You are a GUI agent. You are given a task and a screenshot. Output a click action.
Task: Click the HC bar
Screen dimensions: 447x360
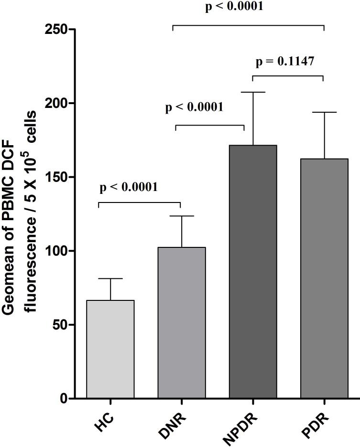coord(110,349)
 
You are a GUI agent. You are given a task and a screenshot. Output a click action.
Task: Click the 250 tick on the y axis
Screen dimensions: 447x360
coord(56,30)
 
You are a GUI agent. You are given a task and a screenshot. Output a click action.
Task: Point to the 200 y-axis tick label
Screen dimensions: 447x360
coord(56,104)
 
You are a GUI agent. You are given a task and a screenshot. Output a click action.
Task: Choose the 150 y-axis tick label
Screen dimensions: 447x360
coord(56,177)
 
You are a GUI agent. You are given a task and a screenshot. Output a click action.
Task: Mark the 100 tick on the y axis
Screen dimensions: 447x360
coord(56,251)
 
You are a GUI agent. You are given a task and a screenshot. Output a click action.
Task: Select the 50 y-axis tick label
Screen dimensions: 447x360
coord(59,325)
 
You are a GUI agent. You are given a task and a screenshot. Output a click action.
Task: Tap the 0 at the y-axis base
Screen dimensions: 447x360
coord(63,399)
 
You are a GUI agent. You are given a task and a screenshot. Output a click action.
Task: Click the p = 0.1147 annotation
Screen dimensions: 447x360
coord(285,62)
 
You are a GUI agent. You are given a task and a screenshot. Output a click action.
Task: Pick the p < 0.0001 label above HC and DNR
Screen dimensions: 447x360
coord(129,187)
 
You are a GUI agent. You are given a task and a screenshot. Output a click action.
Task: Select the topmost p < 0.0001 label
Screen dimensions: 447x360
coord(234,7)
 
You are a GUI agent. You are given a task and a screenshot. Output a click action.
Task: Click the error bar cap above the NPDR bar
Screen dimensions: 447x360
coord(253,92)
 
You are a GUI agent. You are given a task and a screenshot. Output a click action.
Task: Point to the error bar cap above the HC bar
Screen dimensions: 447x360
coord(110,278)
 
